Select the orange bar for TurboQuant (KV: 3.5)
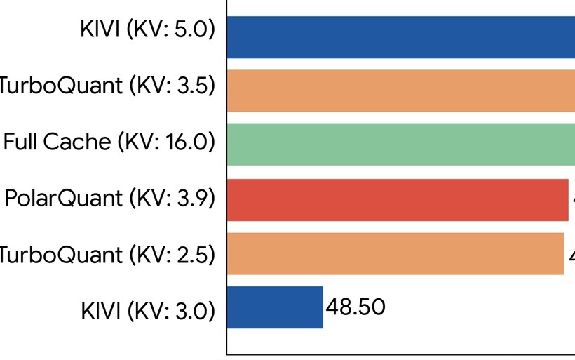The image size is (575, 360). [400, 91]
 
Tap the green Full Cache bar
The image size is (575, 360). [400, 144]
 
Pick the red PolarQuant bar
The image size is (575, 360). [397, 200]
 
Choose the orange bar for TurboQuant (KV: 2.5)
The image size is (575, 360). [395, 253]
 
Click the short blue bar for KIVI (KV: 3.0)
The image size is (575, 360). [275, 307]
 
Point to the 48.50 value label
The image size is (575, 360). [356, 307]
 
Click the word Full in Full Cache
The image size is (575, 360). [21, 142]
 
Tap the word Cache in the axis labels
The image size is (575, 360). [77, 142]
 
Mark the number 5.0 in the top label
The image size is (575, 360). [191, 31]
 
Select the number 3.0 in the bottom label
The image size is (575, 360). [191, 309]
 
